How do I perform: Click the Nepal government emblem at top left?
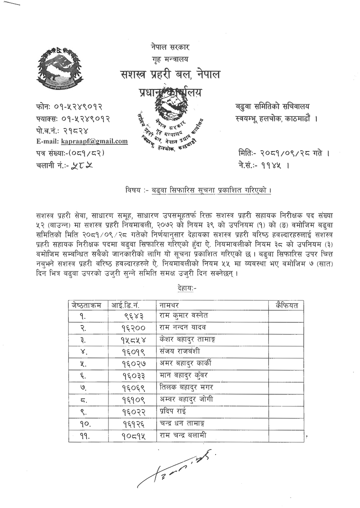[59, 69]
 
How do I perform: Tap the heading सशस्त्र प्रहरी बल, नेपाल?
[170, 74]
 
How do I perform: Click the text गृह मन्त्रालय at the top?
[170, 59]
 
